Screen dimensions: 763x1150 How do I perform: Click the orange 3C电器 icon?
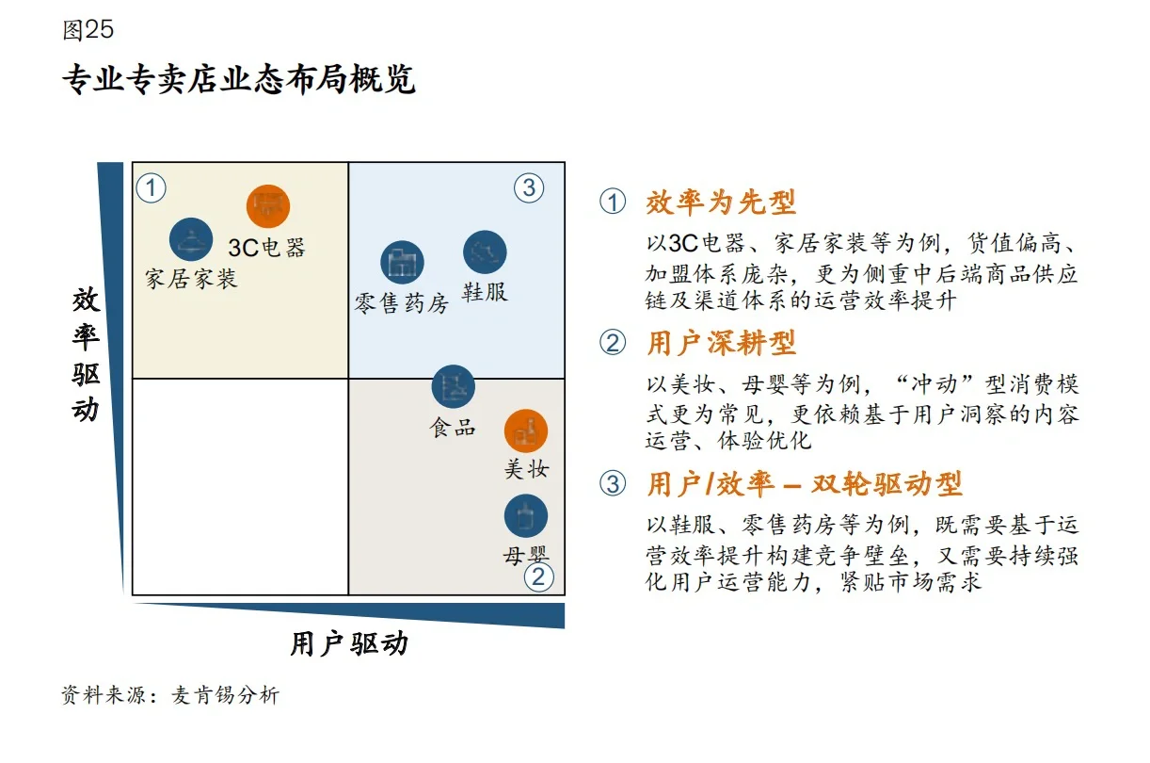point(268,205)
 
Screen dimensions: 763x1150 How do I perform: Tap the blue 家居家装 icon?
point(191,239)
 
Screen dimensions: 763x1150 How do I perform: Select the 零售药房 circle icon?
point(403,263)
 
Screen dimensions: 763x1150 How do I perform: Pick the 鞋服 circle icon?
point(485,252)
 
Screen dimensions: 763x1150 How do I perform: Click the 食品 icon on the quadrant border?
point(454,386)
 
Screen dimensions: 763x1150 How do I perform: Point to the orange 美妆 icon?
point(526,431)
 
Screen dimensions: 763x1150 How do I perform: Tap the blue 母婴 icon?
point(526,516)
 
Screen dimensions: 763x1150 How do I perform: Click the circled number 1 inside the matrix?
point(152,188)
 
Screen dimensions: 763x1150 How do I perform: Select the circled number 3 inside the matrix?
point(529,187)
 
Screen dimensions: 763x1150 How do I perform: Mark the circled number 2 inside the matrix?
point(537,576)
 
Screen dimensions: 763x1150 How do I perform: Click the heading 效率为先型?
point(721,202)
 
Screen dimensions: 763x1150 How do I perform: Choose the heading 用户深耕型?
point(721,343)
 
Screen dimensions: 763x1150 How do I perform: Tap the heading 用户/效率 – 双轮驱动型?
point(804,484)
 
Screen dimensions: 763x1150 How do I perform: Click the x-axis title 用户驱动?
point(349,644)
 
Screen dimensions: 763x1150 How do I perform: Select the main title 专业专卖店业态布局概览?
point(239,79)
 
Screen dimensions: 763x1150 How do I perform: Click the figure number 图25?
point(88,30)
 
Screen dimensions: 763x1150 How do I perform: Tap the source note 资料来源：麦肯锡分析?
point(170,696)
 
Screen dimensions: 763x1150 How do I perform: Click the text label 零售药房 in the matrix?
point(402,304)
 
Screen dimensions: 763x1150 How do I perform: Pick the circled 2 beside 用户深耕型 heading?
point(613,344)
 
